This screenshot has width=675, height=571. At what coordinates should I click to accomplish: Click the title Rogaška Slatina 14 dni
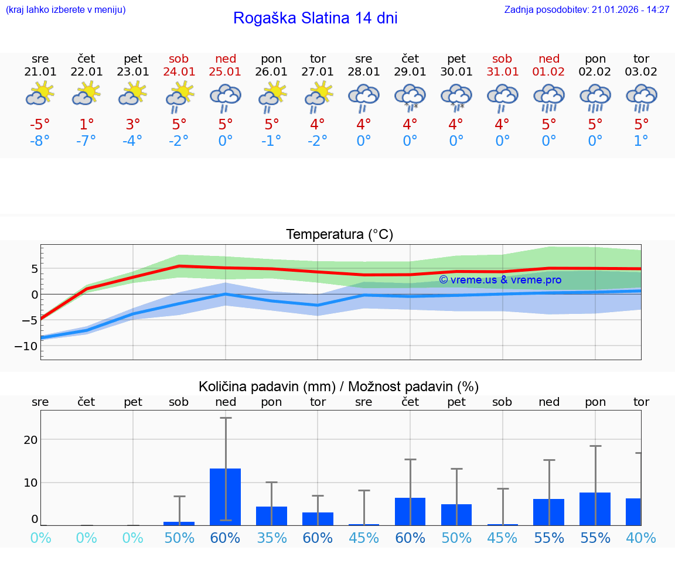pos(315,18)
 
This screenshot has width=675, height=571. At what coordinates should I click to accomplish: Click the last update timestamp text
pos(587,10)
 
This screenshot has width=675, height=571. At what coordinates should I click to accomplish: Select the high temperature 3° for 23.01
pos(133,125)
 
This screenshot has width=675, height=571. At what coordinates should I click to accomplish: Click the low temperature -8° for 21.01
pos(40,141)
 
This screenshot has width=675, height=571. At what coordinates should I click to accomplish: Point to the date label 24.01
pos(179,72)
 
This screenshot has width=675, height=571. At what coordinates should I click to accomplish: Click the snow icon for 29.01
pos(410,97)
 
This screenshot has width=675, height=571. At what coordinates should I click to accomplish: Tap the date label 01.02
pos(549,72)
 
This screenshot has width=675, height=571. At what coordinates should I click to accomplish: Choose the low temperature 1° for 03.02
pos(641,141)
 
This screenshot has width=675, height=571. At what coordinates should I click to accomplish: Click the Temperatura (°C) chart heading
pos(339,235)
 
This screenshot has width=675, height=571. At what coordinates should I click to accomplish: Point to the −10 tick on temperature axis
pos(28,346)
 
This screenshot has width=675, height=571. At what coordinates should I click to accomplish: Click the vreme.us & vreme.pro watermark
pos(500,280)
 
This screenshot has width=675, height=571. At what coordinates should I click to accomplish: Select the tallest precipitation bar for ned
pos(226,497)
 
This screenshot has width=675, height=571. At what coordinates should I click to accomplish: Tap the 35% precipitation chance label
pos(271,538)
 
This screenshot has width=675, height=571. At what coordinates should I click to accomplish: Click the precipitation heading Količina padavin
pos(339,387)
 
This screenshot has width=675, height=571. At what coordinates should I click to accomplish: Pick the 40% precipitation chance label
pos(641,538)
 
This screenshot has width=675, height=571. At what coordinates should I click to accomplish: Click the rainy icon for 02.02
pos(595,97)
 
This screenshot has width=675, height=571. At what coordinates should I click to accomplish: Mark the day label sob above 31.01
pos(502,59)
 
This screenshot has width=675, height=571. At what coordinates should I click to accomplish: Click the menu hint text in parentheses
pos(66,10)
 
